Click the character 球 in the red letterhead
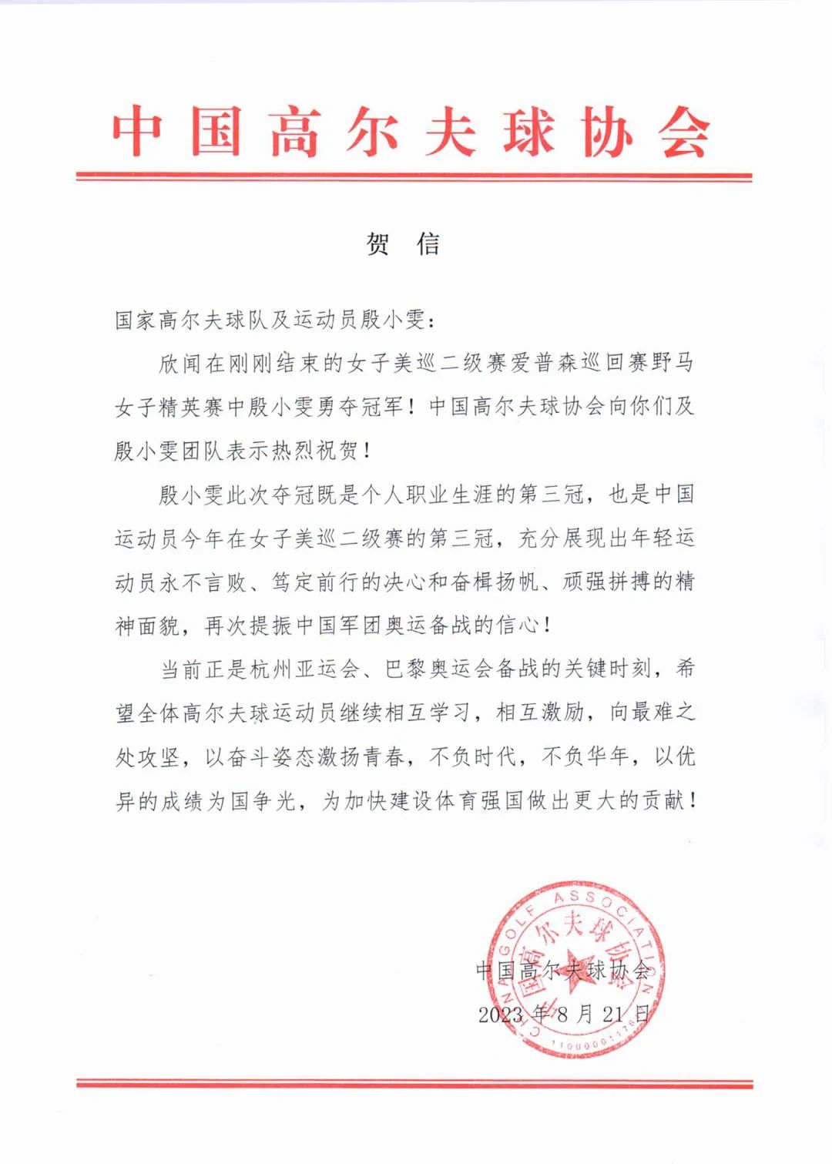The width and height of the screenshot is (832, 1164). [530, 133]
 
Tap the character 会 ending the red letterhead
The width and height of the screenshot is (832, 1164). [685, 133]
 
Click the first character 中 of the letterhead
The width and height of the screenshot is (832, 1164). [138, 133]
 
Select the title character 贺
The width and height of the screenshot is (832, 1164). [377, 244]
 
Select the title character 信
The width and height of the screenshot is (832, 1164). [429, 244]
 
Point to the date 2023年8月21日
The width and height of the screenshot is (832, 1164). [565, 1014]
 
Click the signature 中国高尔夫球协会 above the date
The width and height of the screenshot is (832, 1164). [563, 970]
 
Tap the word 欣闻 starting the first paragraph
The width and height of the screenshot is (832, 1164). [180, 363]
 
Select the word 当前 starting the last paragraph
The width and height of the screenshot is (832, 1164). [180, 669]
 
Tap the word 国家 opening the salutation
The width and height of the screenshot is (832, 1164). [136, 319]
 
